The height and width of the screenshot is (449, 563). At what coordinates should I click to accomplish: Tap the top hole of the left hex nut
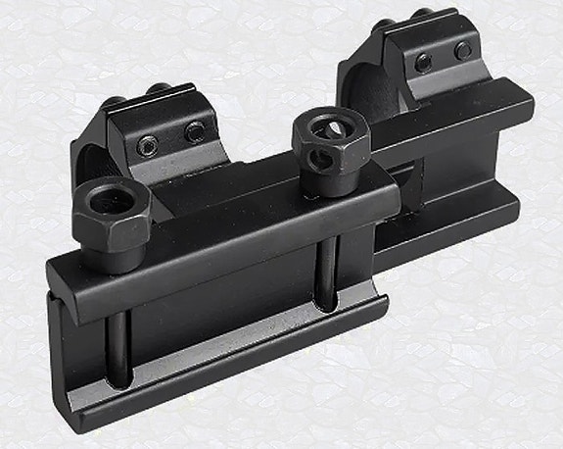click(x=108, y=199)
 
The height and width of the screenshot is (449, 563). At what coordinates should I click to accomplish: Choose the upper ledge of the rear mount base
click(x=460, y=127)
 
